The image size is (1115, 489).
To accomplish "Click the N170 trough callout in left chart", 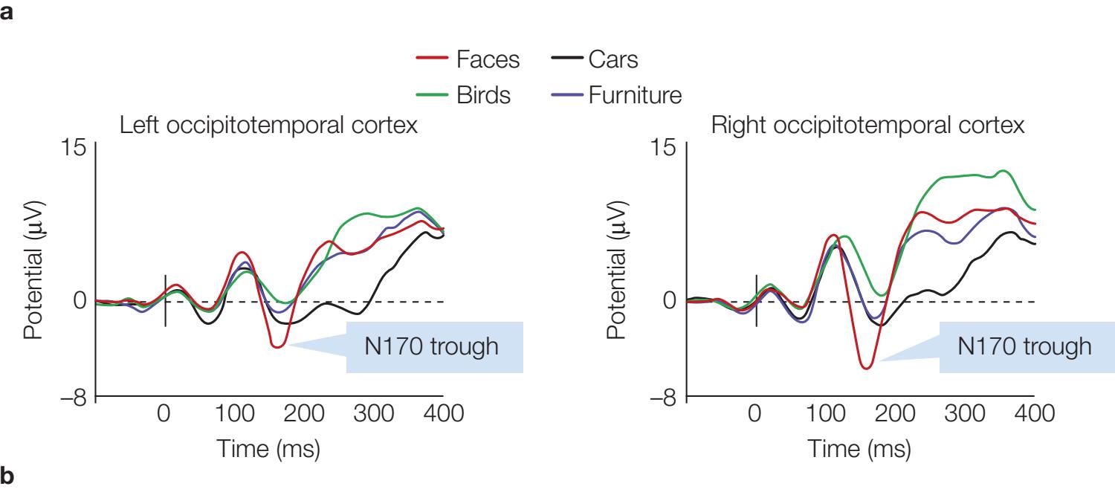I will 435,346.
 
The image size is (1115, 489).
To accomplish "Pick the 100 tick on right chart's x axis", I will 825,414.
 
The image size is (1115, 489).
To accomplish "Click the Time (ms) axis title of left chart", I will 268,450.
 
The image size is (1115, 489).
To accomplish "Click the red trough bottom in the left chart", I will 277,346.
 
